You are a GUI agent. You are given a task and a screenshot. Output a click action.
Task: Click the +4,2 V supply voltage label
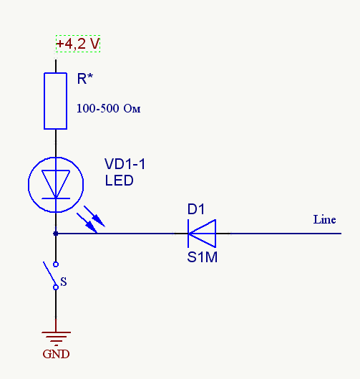point(78,44)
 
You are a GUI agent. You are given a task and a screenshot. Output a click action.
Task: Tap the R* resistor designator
point(84,78)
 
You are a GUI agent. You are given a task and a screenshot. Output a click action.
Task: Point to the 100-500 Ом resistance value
point(108,108)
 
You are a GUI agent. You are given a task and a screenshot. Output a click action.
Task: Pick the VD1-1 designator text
point(125,164)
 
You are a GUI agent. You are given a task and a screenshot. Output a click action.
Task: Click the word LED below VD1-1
point(120,181)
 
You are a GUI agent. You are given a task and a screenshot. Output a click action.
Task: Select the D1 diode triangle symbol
point(202,234)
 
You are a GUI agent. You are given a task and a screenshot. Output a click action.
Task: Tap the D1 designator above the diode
point(196,209)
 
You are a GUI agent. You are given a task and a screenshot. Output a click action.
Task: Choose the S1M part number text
point(203,257)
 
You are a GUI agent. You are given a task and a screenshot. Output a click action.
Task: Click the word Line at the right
point(324,219)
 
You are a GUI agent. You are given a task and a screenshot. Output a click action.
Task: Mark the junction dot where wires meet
point(56,234)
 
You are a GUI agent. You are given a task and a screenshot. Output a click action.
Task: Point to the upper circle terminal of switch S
point(56,264)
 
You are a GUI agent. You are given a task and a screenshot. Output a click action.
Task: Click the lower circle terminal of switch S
point(56,287)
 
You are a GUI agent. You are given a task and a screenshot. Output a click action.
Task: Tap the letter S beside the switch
point(64,282)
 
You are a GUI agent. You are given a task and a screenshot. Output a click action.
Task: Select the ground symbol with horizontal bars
point(56,338)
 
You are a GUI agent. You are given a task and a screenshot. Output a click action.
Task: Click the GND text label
point(56,355)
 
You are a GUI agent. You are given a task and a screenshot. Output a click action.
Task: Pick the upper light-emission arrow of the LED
point(94,216)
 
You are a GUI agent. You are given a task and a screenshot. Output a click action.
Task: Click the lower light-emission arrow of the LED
point(87,223)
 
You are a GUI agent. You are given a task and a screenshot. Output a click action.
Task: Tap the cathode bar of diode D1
point(188,234)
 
